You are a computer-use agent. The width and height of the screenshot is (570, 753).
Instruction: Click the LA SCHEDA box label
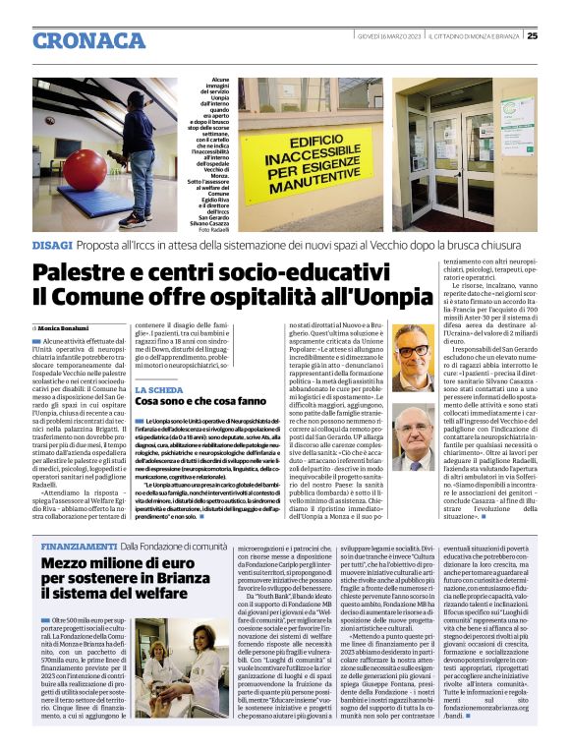coord(154,390)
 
